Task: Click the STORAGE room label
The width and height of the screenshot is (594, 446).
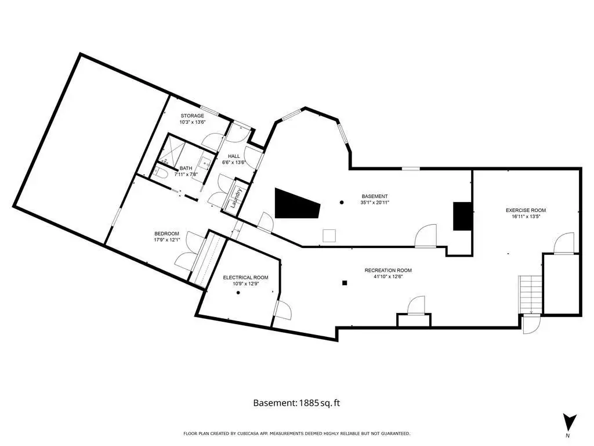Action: [192, 116]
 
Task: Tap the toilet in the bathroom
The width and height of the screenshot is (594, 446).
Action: [161, 174]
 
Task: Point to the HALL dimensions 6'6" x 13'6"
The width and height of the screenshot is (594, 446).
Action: [234, 163]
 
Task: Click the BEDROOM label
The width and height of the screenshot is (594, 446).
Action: [166, 233]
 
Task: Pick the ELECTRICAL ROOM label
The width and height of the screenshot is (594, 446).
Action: [245, 278]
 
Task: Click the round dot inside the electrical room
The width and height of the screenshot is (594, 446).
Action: [238, 293]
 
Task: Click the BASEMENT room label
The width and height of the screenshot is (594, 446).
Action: [375, 196]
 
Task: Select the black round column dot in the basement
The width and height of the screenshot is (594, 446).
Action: [342, 203]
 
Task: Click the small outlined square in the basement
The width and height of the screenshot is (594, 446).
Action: [329, 236]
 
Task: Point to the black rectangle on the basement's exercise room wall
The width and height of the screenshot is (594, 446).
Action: [462, 216]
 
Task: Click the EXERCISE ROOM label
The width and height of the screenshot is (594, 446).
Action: [526, 210]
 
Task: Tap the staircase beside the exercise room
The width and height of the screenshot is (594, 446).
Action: [530, 294]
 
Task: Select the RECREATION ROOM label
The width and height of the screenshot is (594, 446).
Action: [388, 271]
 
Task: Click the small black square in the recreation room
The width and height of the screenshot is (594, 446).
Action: [345, 283]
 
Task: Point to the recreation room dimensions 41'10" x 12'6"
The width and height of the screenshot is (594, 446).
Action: [388, 276]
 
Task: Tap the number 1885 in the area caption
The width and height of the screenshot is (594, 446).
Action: [308, 403]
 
